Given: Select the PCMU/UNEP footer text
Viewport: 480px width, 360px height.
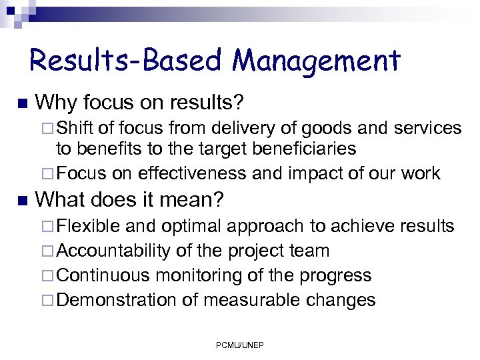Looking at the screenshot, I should [x=239, y=345].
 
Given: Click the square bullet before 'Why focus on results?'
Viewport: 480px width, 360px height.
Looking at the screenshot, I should [x=21, y=103].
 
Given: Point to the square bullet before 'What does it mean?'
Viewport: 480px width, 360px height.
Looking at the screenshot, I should [x=21, y=199].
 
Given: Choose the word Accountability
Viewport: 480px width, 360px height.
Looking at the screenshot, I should [x=114, y=251].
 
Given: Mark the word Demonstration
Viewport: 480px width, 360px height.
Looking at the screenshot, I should [x=117, y=300].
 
